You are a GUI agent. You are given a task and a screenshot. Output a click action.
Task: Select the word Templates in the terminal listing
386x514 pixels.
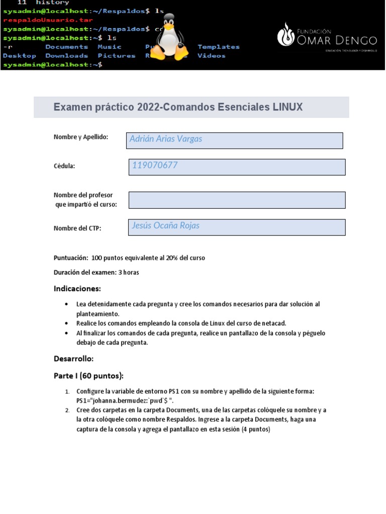(x=219, y=47)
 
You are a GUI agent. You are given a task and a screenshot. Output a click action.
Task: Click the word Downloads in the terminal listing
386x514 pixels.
(x=66, y=56)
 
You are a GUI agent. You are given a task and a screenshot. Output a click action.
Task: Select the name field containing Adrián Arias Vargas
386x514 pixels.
(x=234, y=140)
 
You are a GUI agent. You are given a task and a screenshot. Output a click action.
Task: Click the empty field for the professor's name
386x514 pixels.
(x=237, y=200)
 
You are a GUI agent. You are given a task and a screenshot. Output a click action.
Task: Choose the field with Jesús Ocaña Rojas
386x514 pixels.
(x=237, y=227)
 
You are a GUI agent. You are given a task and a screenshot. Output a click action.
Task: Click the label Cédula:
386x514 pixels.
(x=64, y=167)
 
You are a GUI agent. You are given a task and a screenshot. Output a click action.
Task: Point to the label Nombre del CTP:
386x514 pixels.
(x=77, y=228)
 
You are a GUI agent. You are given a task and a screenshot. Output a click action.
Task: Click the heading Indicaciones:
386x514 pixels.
(x=77, y=289)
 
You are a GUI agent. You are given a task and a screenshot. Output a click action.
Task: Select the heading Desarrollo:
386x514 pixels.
(x=73, y=359)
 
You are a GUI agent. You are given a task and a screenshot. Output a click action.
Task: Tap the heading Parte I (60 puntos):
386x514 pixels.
(x=88, y=376)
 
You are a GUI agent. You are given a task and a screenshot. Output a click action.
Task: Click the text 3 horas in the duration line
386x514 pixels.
(x=129, y=273)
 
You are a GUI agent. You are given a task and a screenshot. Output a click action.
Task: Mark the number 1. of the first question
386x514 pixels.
(x=67, y=391)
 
